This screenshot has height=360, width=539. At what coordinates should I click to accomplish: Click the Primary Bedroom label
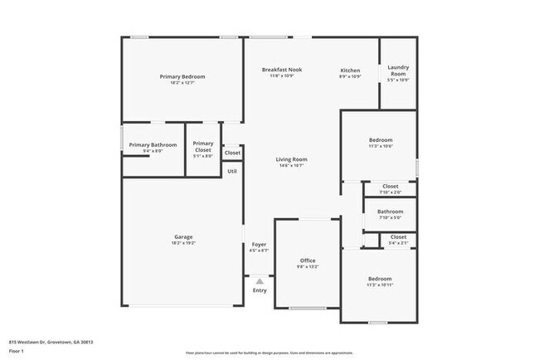(182, 76)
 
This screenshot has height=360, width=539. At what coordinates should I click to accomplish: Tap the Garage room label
(183, 237)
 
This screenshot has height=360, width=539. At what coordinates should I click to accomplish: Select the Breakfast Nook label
(281, 70)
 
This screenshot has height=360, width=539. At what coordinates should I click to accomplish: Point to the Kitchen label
(350, 71)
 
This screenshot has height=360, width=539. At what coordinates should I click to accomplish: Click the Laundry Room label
(398, 71)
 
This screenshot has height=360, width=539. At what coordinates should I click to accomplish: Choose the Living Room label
(291, 159)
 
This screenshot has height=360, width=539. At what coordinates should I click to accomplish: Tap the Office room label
(308, 260)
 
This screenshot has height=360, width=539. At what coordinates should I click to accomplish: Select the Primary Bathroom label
(153, 144)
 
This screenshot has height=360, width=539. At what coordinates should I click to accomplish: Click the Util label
(232, 171)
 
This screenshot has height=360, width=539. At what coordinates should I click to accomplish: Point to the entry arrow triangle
(260, 281)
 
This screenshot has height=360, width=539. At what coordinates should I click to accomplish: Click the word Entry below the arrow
(260, 290)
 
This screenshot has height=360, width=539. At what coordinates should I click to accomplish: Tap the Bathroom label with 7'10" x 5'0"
(390, 212)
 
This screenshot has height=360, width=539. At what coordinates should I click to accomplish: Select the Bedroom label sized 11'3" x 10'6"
(380, 139)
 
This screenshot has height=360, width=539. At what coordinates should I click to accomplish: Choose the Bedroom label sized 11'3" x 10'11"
(380, 279)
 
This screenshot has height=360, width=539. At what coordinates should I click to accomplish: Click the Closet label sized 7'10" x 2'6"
(390, 187)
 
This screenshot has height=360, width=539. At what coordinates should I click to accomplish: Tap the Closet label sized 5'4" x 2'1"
(398, 237)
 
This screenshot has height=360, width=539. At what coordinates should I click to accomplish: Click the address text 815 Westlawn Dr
(51, 341)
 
